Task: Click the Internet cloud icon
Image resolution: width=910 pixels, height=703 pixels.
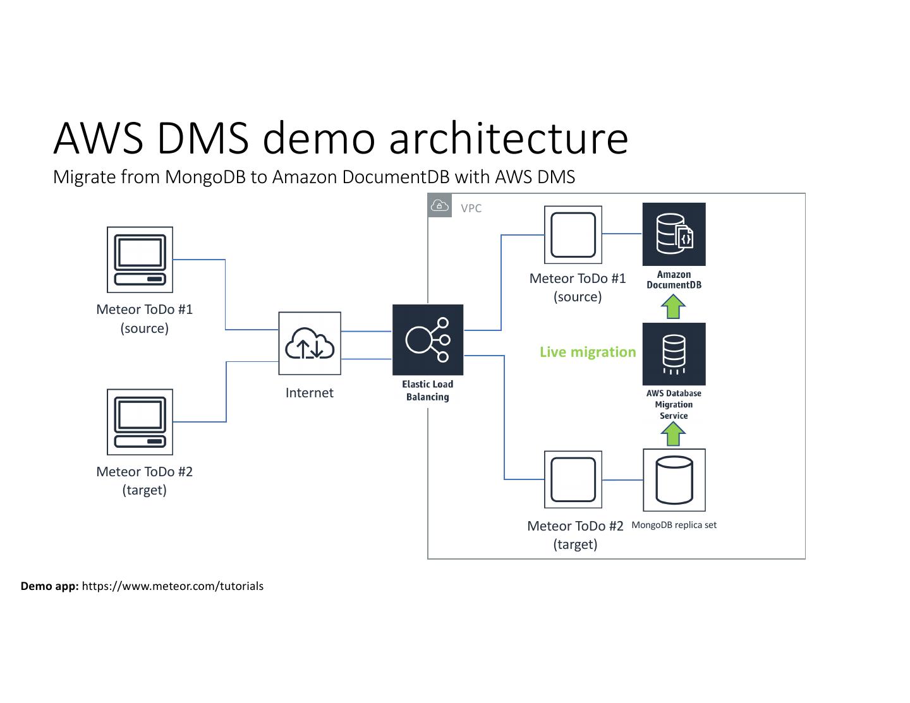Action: click(x=310, y=344)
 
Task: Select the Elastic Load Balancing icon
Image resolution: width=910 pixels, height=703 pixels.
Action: click(x=428, y=340)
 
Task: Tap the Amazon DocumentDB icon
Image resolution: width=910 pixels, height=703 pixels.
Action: click(x=674, y=234)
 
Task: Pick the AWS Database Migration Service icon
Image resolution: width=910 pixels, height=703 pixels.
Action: click(x=674, y=354)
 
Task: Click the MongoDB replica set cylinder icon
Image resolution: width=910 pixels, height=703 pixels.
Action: click(x=674, y=480)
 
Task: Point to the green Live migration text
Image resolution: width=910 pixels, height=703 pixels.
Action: click(x=588, y=352)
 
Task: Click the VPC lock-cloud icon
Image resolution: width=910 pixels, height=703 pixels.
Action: click(x=440, y=206)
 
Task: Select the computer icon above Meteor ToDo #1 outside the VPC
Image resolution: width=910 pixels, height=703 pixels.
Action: click(x=140, y=260)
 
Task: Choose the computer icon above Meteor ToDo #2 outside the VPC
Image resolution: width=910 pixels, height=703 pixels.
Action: click(x=140, y=422)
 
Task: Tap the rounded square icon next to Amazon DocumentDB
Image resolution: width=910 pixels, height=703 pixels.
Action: click(x=573, y=235)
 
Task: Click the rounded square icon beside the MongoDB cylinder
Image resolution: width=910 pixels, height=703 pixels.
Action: click(x=573, y=479)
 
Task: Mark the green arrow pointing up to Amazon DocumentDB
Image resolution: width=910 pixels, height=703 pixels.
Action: click(x=673, y=308)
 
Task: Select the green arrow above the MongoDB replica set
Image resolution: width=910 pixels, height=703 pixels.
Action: click(x=673, y=434)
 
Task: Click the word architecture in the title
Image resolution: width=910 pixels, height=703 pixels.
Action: click(x=509, y=138)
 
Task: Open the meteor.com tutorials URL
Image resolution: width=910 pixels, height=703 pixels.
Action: click(x=173, y=586)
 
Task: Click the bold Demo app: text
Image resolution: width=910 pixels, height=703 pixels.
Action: click(x=49, y=586)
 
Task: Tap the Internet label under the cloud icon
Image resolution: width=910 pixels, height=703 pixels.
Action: click(x=310, y=393)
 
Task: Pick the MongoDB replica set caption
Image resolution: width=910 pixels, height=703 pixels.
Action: click(x=674, y=525)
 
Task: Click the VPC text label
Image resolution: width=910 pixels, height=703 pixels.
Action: click(x=471, y=208)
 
